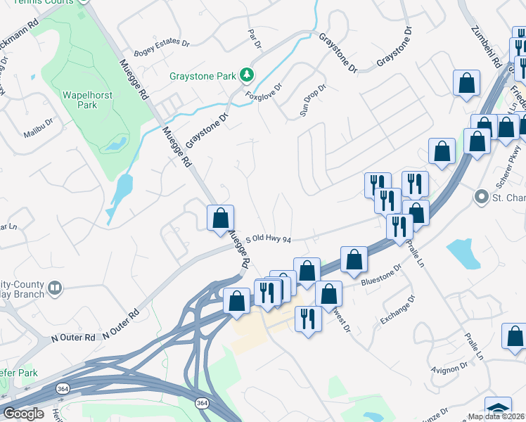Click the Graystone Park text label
[203, 75]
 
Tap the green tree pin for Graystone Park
[246, 75]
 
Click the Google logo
[24, 414]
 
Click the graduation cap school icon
[498, 409]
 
